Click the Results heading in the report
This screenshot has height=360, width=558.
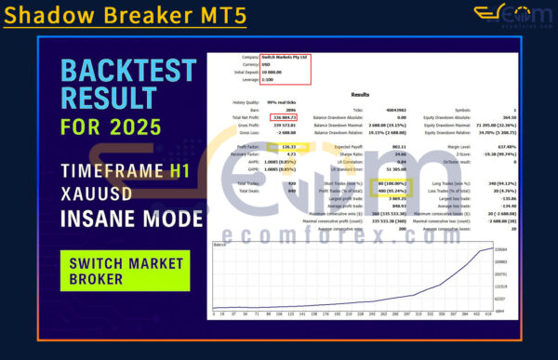click(360, 94)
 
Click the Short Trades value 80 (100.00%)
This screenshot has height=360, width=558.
click(390, 185)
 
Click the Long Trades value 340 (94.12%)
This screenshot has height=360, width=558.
click(503, 185)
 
